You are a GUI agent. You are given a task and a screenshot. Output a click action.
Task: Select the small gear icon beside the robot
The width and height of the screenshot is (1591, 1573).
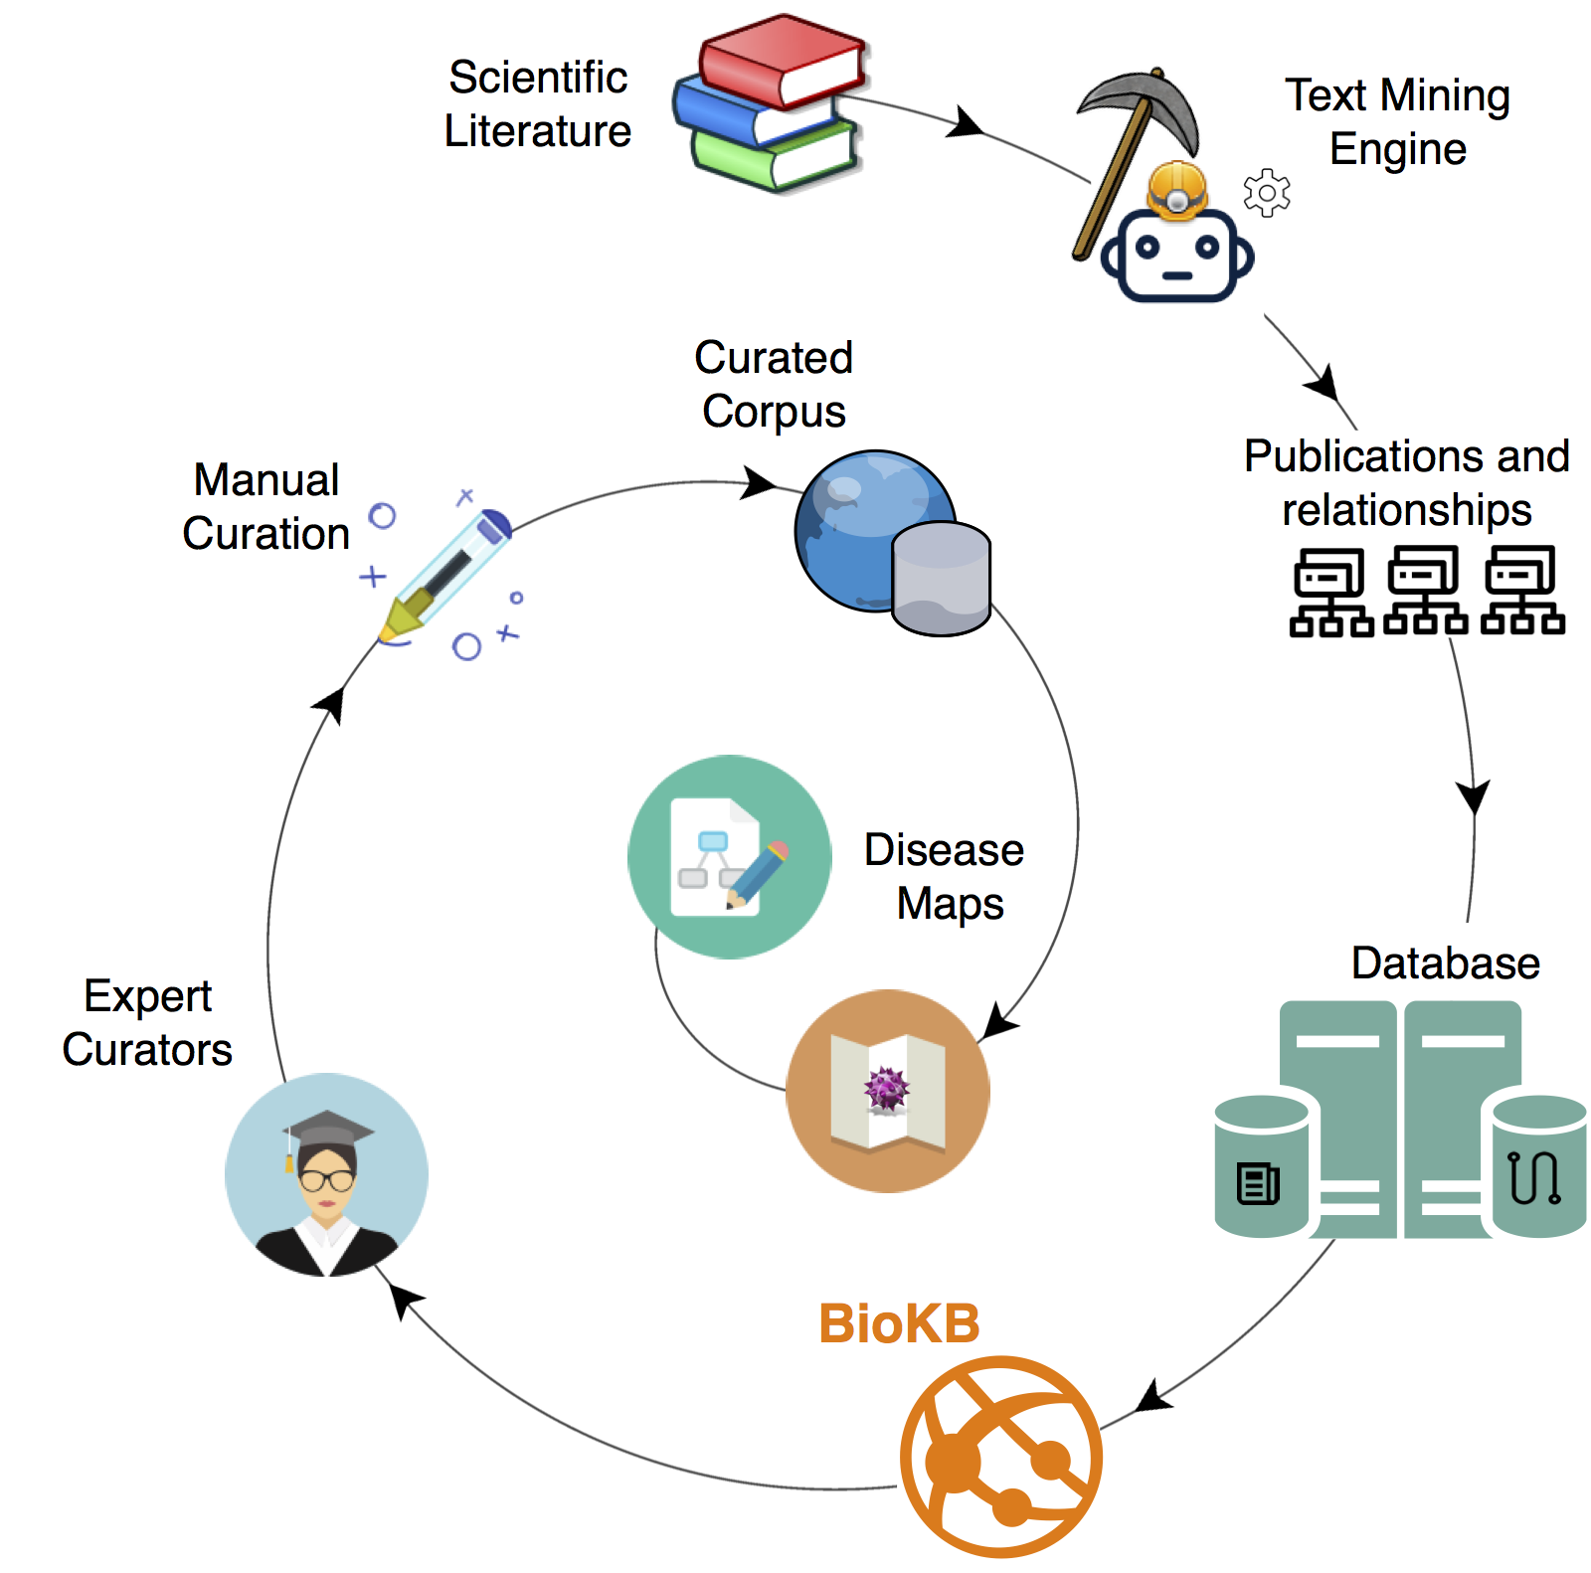(x=1267, y=192)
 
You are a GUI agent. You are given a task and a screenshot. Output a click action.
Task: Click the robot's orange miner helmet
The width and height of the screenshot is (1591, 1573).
(x=1177, y=189)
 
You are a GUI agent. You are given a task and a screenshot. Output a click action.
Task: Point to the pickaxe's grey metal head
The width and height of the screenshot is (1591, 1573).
(x=1144, y=103)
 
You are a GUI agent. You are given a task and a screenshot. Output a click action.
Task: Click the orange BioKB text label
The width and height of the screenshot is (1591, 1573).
(x=899, y=1324)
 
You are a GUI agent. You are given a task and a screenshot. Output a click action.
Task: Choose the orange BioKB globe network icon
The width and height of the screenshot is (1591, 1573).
(x=1000, y=1457)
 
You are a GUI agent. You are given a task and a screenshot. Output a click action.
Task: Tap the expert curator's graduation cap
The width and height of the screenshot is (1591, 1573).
(x=327, y=1131)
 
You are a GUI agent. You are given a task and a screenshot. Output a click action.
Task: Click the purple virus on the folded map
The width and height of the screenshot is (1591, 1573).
(x=886, y=1088)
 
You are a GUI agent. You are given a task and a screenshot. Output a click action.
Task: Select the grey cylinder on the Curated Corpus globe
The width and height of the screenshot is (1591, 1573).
(x=941, y=579)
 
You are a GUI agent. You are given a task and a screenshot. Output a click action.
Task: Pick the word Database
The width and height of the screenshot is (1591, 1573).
(x=1445, y=963)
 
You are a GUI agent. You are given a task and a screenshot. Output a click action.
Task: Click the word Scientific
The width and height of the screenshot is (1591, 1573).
(x=538, y=78)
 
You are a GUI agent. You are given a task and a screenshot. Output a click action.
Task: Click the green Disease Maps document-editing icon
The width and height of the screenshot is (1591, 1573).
(x=729, y=856)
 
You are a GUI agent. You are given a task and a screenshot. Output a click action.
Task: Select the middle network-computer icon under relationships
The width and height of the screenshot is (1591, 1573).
(x=1425, y=590)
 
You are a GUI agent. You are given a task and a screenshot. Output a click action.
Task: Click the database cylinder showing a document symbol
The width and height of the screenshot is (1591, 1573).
(x=1261, y=1166)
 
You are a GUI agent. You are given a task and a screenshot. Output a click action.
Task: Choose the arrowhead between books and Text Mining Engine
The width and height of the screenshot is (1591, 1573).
(x=965, y=124)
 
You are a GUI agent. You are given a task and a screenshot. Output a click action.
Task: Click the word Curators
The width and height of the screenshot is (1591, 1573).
(x=147, y=1050)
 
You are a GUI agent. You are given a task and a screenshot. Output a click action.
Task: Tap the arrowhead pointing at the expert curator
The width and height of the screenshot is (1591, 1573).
(x=403, y=1299)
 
